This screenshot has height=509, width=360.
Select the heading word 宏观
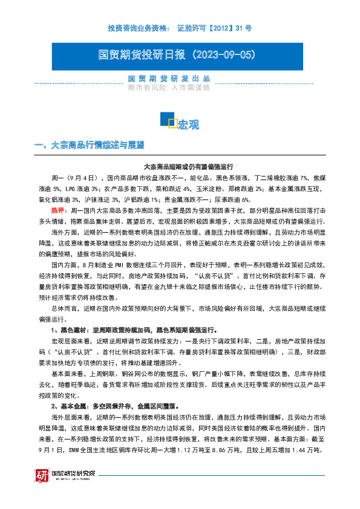tap(188, 125)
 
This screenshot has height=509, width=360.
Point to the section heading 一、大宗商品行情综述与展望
tap(90, 145)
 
